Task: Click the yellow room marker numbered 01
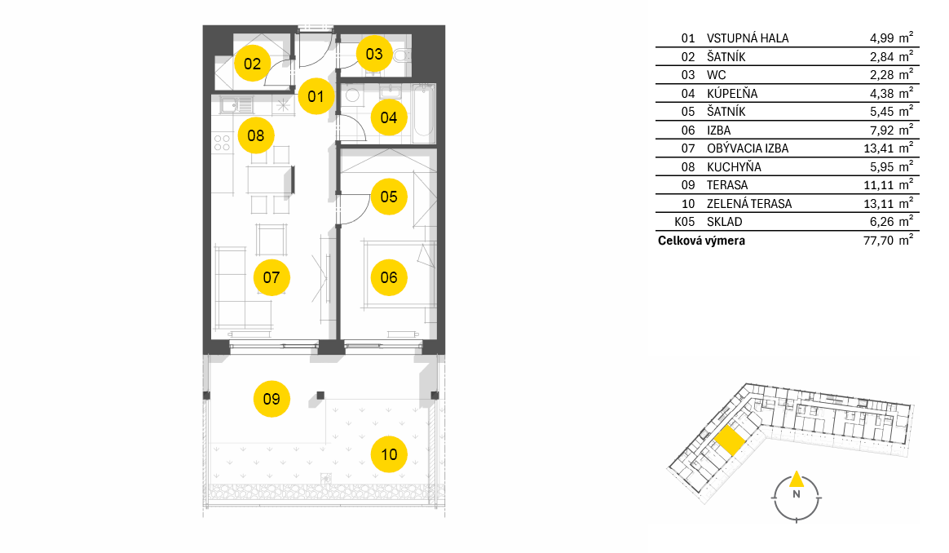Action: (316, 96)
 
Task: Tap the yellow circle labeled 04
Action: (389, 117)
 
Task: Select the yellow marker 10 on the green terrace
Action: (389, 454)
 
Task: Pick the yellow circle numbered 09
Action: (271, 399)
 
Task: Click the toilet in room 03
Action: (402, 56)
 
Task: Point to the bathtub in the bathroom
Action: (424, 113)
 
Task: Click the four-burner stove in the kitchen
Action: (222, 143)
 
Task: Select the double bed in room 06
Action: (399, 275)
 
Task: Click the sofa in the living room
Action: (231, 286)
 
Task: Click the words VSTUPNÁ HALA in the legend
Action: (748, 38)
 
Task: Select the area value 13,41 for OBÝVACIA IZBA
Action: (878, 148)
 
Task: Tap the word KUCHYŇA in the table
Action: (734, 166)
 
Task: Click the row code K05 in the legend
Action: (685, 222)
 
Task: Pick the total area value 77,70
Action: (878, 241)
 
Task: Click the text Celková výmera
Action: (701, 241)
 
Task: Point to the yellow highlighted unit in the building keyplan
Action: (729, 440)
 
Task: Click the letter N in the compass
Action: (797, 494)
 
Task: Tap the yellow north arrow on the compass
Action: (797, 479)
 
